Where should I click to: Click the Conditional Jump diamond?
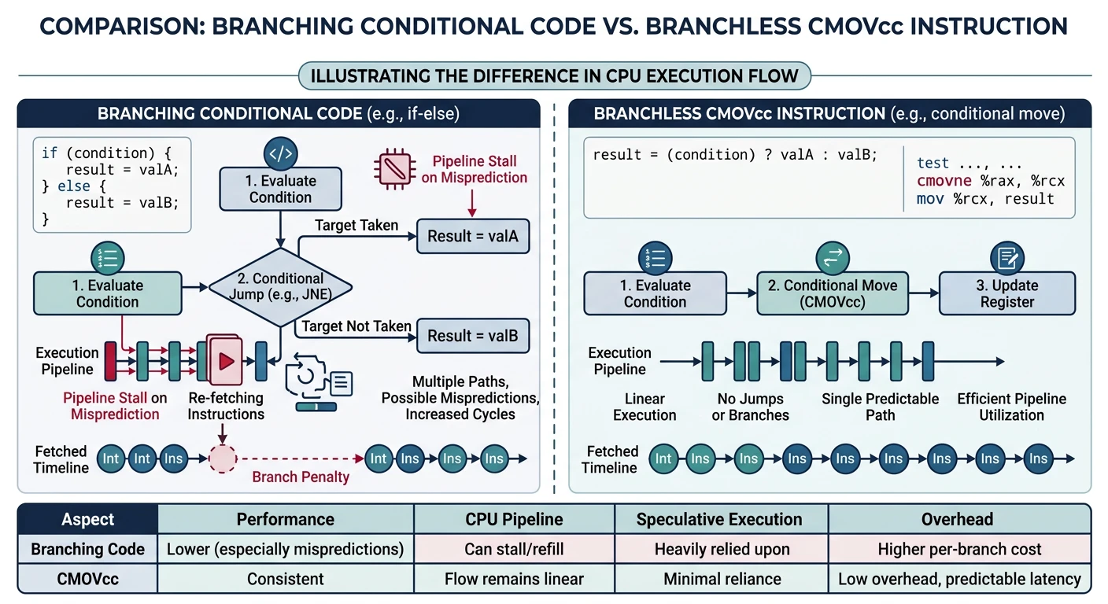tap(280, 287)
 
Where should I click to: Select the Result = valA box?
tap(472, 235)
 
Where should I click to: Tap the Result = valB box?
tap(472, 336)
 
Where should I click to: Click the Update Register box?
tap(1007, 293)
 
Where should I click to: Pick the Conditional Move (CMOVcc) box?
tap(832, 293)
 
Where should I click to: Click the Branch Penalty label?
tap(300, 477)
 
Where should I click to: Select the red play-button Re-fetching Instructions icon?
tap(225, 360)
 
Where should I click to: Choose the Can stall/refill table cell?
tap(514, 549)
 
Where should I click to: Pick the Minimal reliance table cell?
tap(722, 580)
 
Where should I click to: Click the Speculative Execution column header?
tap(718, 519)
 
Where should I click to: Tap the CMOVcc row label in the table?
tap(87, 580)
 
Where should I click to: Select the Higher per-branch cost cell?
tap(958, 549)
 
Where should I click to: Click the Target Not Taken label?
tap(356, 326)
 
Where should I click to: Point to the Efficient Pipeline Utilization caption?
tap(1011, 407)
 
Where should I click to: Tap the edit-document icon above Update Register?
tap(1006, 257)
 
